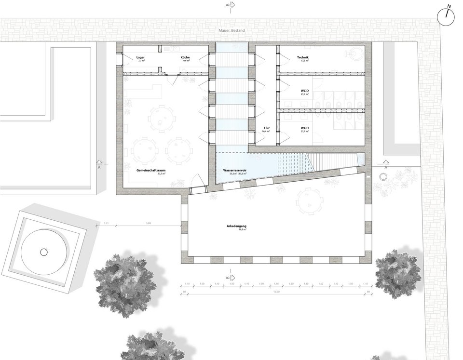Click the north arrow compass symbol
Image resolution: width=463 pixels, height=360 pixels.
pos(447,15)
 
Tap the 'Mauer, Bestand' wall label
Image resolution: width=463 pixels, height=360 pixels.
pos(231,31)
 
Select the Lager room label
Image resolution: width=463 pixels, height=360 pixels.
pos(141,58)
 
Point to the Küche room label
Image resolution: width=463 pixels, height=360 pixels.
pos(185,58)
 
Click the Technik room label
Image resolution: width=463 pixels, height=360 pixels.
pos(303,58)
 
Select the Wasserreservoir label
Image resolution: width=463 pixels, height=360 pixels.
pos(234,171)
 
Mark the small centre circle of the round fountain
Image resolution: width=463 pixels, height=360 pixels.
pos(43,252)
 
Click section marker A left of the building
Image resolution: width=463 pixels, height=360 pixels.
pos(99,165)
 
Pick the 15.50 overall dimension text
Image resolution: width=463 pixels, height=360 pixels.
pos(276,291)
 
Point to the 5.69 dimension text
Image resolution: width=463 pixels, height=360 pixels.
pos(149,223)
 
